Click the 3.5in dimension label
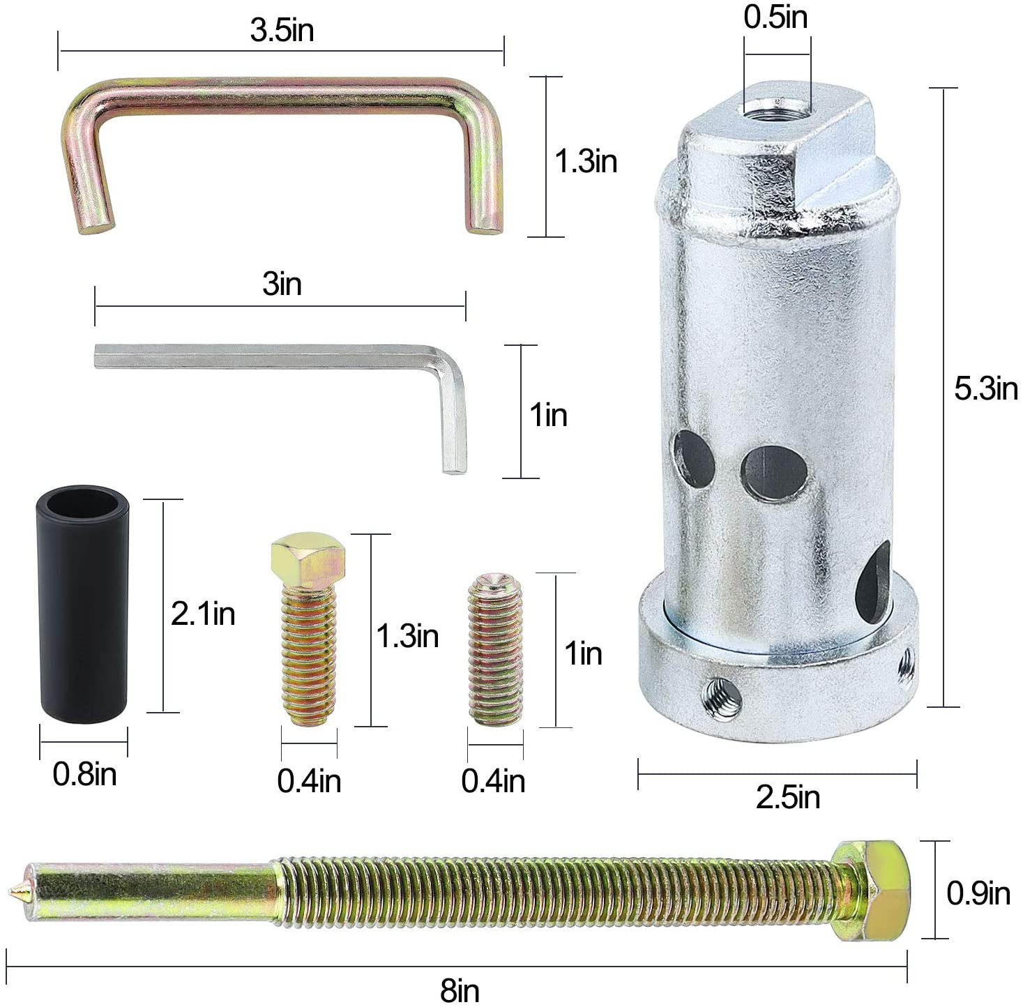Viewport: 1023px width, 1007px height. pos(282,30)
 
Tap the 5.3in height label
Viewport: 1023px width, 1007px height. pos(986,388)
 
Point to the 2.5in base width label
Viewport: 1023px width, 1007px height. pos(788,798)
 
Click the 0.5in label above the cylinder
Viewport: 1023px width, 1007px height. pos(775,17)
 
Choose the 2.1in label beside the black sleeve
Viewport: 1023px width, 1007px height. pos(203,614)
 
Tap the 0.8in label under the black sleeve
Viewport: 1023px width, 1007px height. pos(84,774)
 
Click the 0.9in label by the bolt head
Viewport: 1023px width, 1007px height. pos(978,893)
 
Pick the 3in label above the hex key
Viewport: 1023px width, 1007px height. pos(282,284)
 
